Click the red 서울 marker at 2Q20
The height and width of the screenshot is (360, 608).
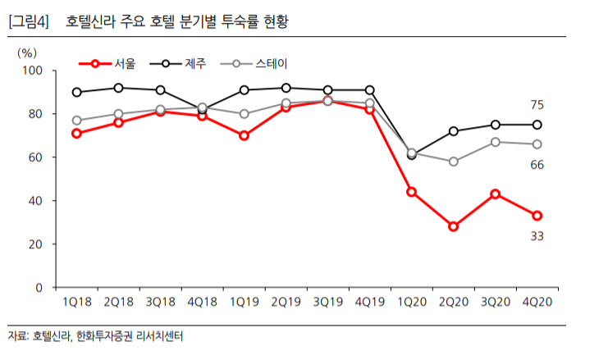453,226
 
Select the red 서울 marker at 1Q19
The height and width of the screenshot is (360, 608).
244,135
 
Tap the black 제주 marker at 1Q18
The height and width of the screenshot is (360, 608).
76,92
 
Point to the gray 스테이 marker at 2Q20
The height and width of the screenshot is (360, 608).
453,162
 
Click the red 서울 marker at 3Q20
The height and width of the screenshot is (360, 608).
495,194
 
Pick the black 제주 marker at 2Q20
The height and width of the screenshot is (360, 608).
453,131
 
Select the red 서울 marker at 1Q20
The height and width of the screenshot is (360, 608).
411,192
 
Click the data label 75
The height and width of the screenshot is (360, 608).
537,104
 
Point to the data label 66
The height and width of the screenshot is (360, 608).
537,165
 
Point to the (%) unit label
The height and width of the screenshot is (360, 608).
27,51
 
